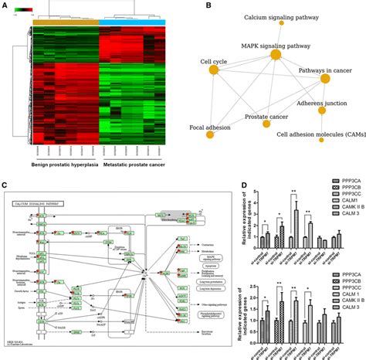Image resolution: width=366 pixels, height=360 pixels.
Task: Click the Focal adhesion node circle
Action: click(x=209, y=134)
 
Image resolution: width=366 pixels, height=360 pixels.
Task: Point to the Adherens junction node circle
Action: click(x=322, y=110)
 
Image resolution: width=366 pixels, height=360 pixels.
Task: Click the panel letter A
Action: click(x=5, y=6)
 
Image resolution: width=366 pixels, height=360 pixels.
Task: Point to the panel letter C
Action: click(x=5, y=185)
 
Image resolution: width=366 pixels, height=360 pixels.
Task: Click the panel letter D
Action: click(x=244, y=185)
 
